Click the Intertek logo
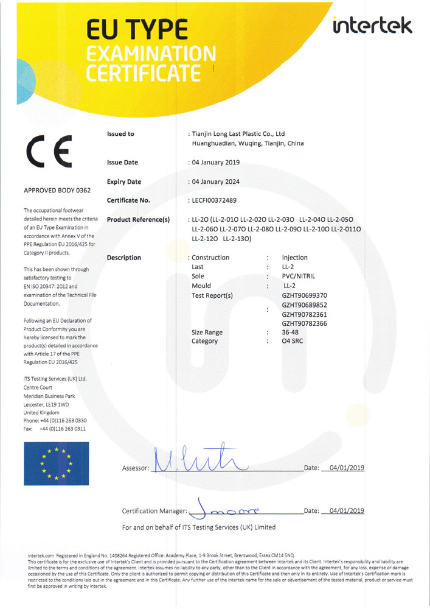(x=373, y=25)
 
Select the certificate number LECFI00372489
(x=215, y=200)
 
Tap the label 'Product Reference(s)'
(x=138, y=219)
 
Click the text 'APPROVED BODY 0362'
(x=57, y=191)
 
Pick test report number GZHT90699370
(x=305, y=295)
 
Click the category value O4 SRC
(x=293, y=342)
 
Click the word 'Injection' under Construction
(x=295, y=258)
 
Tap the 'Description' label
(x=123, y=258)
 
